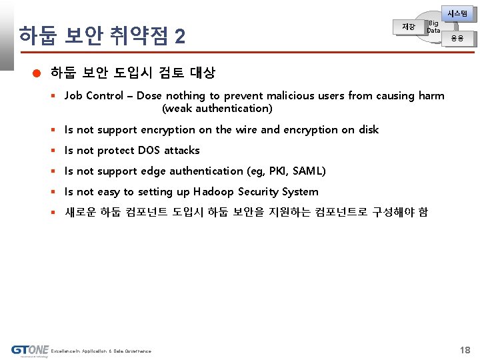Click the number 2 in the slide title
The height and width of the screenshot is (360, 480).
[179, 37]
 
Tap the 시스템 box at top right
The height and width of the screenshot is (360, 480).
[458, 13]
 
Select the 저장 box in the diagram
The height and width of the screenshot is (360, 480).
[408, 27]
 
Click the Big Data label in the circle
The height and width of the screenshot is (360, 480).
[433, 27]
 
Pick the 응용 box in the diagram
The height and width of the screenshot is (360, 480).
[457, 39]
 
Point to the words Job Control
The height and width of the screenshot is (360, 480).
[94, 95]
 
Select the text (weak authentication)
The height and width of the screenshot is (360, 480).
[217, 108]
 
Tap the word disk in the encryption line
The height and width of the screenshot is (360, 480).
[368, 129]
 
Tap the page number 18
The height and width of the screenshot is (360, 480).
[465, 350]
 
